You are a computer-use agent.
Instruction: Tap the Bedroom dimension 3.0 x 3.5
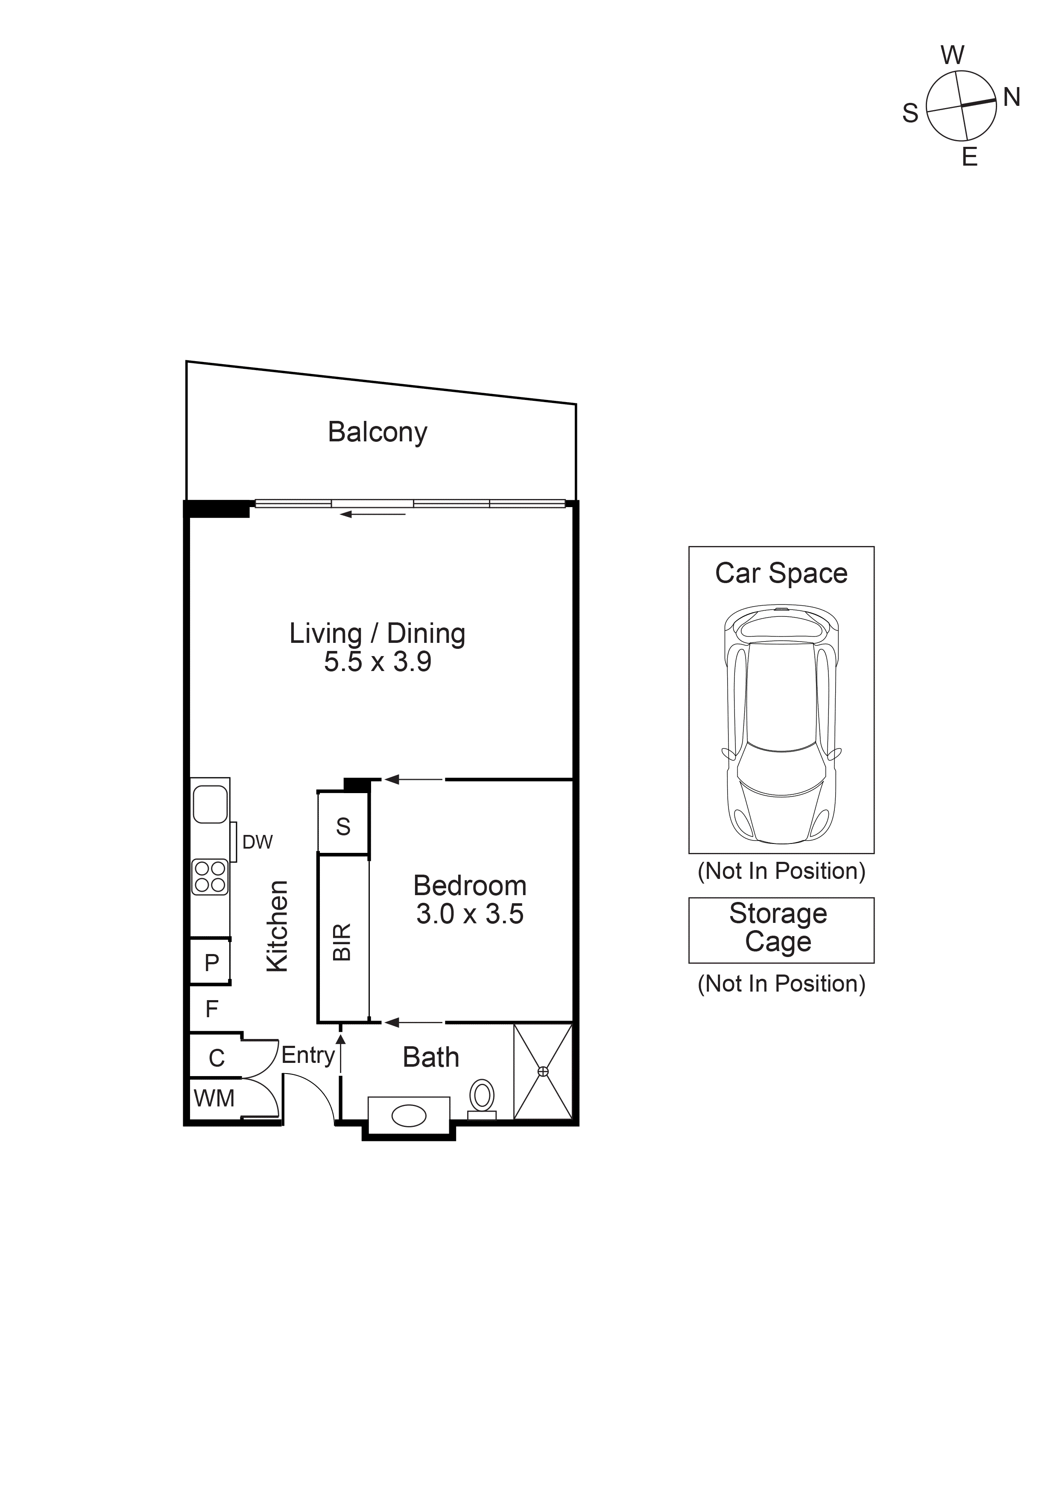(470, 914)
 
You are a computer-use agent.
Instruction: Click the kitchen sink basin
(210, 804)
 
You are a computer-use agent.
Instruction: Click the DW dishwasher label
(257, 842)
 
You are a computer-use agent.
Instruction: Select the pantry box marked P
(211, 962)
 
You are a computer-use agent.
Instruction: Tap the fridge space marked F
(211, 1009)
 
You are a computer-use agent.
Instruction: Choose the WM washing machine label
(214, 1099)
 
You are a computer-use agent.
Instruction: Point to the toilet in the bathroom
(483, 1097)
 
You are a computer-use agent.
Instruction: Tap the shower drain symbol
(543, 1071)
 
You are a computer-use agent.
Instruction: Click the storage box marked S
(343, 827)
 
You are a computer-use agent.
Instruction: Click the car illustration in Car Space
(781, 724)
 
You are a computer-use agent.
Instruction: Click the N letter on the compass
(1012, 97)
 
